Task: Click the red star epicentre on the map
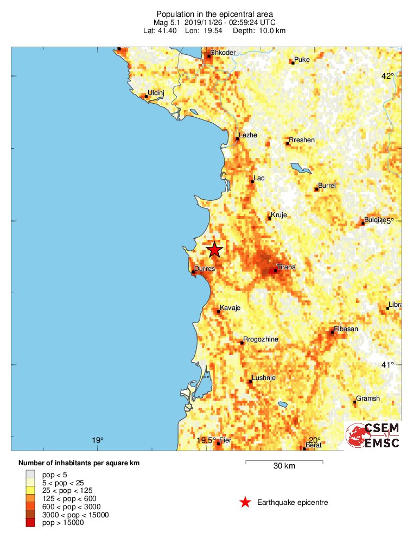(214, 249)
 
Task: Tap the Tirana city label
(286, 267)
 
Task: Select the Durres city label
(205, 268)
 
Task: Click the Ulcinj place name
(156, 93)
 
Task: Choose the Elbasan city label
(346, 328)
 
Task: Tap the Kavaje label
(230, 308)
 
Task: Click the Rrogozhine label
(260, 339)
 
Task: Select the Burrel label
(327, 186)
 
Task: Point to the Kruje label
(278, 215)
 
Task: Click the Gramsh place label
(367, 398)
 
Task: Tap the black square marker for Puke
(293, 63)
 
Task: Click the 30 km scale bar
(284, 463)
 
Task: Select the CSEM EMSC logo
(373, 435)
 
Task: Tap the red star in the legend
(245, 502)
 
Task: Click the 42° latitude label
(387, 75)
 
